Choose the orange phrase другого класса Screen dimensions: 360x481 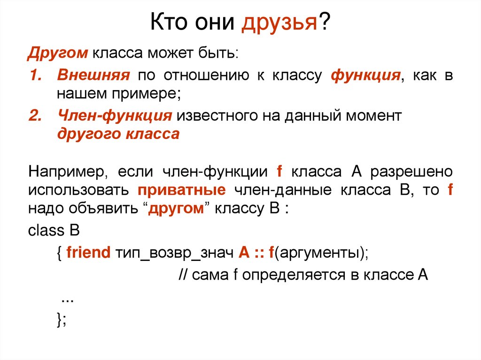pos(118,134)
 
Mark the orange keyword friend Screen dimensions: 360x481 pos(88,253)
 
